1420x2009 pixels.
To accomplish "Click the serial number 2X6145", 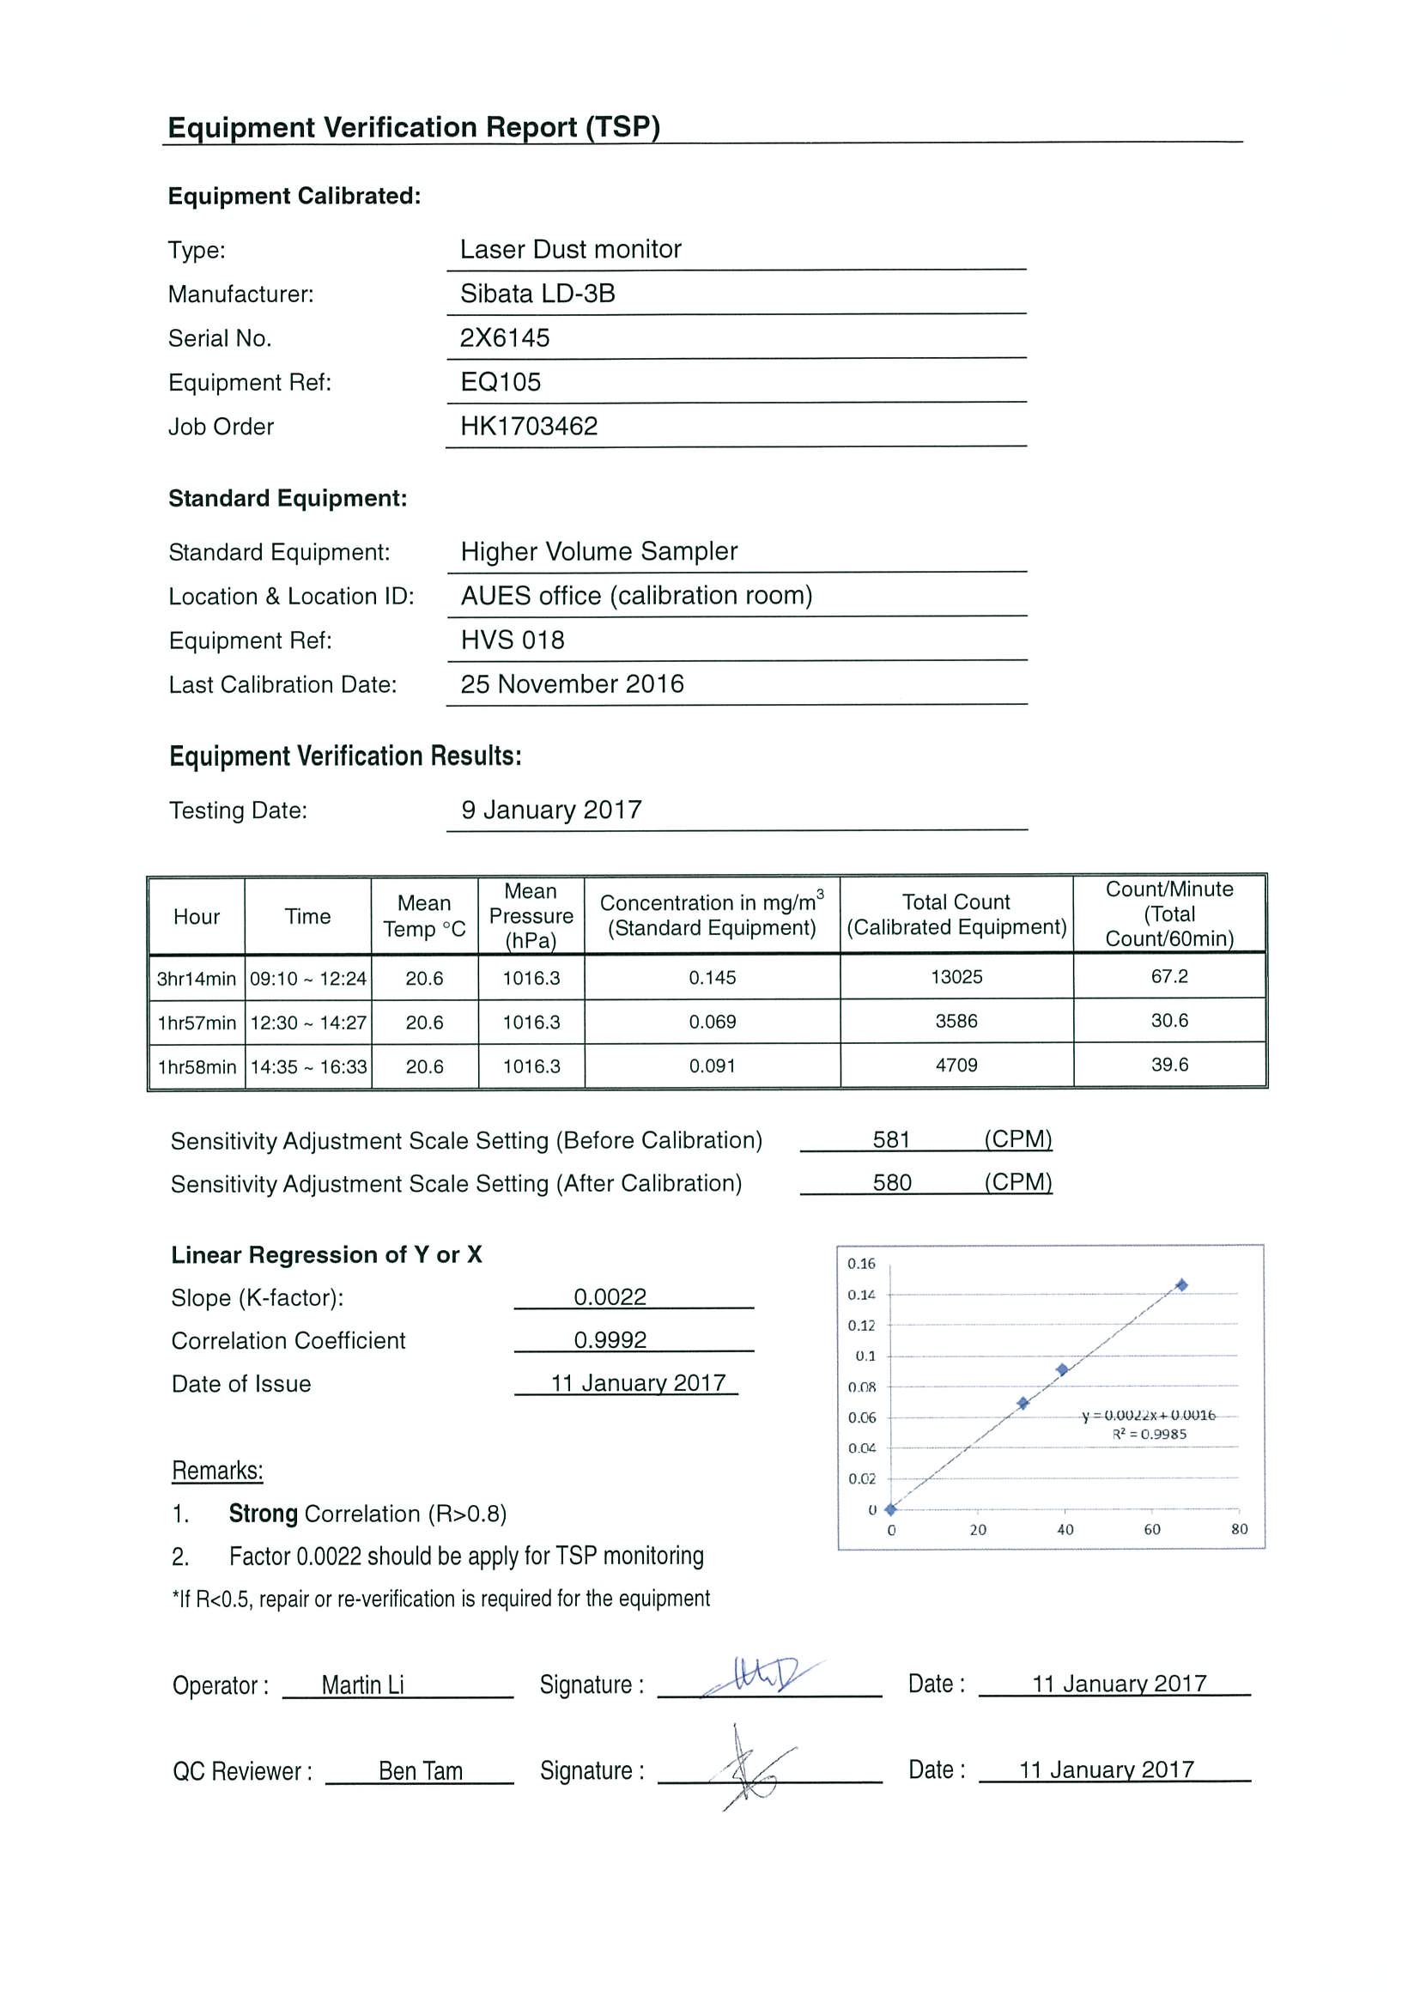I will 505,337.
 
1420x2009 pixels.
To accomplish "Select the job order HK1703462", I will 529,426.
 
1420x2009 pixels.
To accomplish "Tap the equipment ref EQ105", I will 501,381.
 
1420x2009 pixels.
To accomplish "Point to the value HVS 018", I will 512,640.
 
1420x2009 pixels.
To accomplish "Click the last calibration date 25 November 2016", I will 571,683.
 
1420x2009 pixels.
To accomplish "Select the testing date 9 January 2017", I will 551,810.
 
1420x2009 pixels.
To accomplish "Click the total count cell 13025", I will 956,976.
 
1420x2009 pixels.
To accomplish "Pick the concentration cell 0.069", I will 712,1021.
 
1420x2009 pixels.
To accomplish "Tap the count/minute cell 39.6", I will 1169,1065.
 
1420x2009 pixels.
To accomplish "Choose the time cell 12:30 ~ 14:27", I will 308,1022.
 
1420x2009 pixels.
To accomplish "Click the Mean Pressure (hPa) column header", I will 531,915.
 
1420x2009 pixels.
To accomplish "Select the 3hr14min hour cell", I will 196,978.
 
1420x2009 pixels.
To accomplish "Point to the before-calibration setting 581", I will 890,1139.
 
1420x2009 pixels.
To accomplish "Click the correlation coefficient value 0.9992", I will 610,1339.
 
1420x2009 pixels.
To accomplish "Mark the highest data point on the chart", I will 1181,1284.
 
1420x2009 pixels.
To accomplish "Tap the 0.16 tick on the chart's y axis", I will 861,1264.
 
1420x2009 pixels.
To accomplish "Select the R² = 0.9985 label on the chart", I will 1149,1434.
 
